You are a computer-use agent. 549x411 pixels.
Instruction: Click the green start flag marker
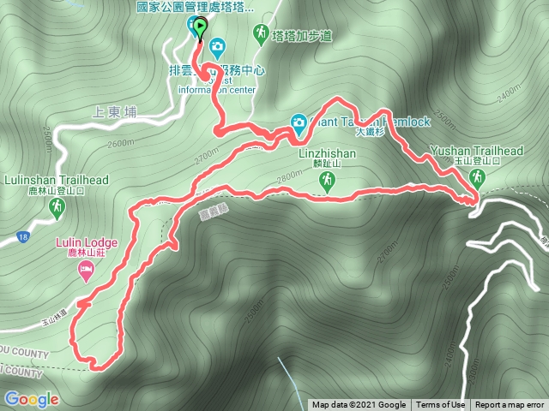[x=200, y=29]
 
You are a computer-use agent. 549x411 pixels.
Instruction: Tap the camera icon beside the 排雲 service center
[x=218, y=45]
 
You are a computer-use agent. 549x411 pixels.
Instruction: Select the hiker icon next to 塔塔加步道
[x=261, y=33]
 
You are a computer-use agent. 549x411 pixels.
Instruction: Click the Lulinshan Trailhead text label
[x=57, y=181]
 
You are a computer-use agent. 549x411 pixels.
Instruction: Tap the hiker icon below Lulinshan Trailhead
[x=57, y=207]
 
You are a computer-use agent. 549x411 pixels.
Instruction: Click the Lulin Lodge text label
[x=86, y=243]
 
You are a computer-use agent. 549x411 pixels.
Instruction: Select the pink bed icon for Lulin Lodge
[x=86, y=272]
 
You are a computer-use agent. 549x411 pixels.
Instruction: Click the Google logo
[x=31, y=399]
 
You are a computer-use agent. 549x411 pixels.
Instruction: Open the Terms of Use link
[x=442, y=405]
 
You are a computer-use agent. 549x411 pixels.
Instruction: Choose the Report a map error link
[x=510, y=405]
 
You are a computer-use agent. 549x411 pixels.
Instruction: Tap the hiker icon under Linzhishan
[x=327, y=181]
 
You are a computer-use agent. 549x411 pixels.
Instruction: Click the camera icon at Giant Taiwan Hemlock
[x=299, y=122]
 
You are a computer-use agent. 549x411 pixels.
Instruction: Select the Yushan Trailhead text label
[x=477, y=151]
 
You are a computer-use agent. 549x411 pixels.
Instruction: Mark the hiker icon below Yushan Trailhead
[x=478, y=178]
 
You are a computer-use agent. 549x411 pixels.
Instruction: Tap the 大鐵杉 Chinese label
[x=370, y=134]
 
